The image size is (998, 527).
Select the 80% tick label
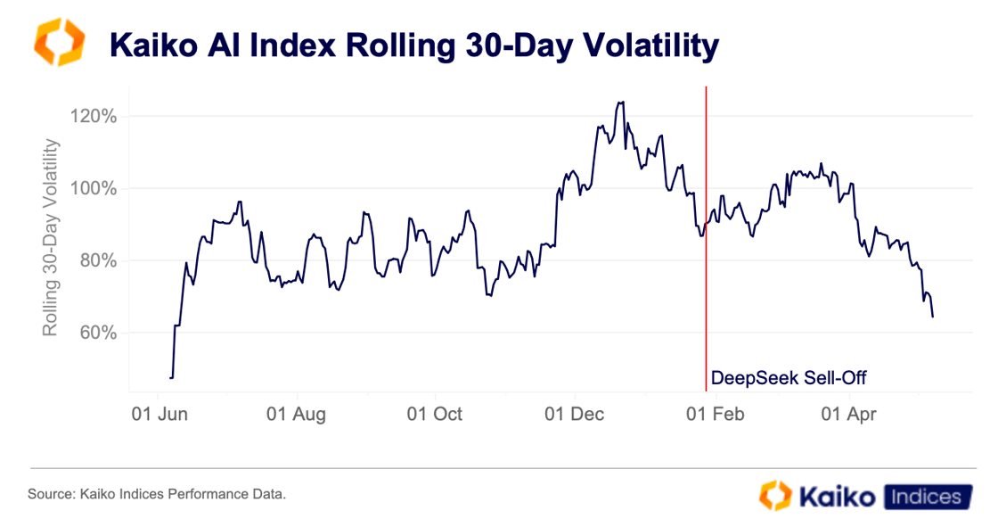pyautogui.click(x=94, y=260)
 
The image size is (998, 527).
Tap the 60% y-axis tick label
pyautogui.click(x=94, y=333)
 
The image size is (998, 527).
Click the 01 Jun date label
pyautogui.click(x=159, y=415)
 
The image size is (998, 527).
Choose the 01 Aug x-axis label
pyautogui.click(x=297, y=415)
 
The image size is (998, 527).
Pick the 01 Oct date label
pyautogui.click(x=435, y=415)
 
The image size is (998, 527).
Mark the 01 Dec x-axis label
pyautogui.click(x=575, y=415)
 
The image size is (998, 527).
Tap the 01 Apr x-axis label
pyautogui.click(x=849, y=415)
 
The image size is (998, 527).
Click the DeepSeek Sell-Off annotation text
pyautogui.click(x=789, y=378)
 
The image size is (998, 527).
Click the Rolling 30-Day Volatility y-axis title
pyautogui.click(x=51, y=237)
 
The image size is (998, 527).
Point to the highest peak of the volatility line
pyautogui.click(x=620, y=102)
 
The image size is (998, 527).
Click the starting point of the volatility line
pyautogui.click(x=169, y=378)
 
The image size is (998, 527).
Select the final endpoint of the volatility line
pyautogui.click(x=932, y=317)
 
